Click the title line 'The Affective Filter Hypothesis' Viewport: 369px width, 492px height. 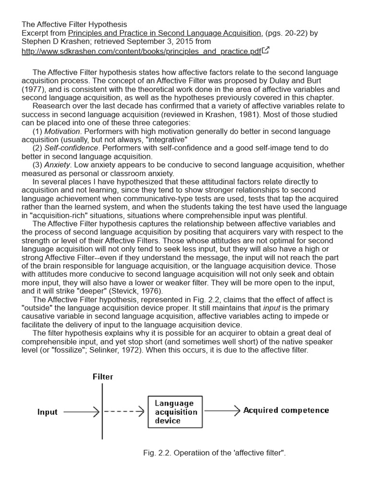coord(74,24)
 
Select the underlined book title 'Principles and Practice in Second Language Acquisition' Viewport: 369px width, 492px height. coord(165,33)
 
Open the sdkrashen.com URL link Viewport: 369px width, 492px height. coord(141,51)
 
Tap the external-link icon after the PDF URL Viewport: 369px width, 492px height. coord(266,50)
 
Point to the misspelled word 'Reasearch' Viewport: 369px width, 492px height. coord(50,106)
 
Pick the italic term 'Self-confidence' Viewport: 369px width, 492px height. coord(72,148)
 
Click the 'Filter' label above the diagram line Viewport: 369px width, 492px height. coord(103,377)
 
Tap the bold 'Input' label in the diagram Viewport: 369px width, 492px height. coord(47,412)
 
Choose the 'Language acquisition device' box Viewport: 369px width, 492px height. coord(175,412)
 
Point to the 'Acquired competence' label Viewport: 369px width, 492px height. coord(286,410)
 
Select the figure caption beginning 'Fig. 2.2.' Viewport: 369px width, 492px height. coord(214,453)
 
